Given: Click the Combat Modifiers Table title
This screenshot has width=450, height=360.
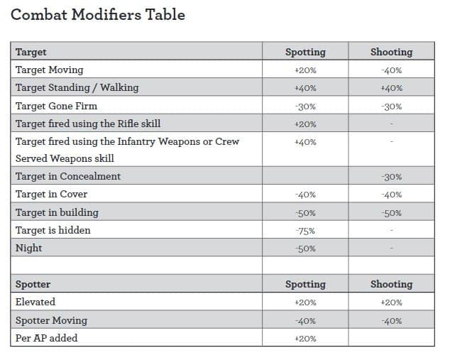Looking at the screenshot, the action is [x=98, y=15].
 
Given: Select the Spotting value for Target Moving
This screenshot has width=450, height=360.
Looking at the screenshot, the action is [x=305, y=70].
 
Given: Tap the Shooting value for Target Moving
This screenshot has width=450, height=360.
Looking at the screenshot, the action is [x=392, y=70].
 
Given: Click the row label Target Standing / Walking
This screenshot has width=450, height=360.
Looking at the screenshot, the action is [x=77, y=88].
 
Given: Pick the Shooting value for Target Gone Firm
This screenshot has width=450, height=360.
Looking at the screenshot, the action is [x=392, y=107].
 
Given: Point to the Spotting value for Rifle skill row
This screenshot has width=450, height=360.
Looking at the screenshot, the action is [x=305, y=124].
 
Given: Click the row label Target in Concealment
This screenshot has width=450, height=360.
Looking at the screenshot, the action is [x=68, y=176].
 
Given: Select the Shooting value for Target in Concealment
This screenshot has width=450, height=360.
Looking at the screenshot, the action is [x=392, y=177].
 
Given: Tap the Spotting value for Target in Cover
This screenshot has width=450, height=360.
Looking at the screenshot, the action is [x=305, y=195].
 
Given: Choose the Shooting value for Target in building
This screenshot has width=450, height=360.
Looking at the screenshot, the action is [x=392, y=213].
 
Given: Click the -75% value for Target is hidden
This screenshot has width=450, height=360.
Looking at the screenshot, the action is [x=305, y=231].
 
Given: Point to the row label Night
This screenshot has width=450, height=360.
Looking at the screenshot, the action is [x=28, y=249].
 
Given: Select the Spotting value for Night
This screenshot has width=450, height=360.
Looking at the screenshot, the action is [x=305, y=249].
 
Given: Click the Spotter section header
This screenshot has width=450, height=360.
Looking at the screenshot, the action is [x=33, y=284].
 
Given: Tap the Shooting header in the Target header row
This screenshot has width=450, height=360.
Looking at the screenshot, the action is [x=392, y=52].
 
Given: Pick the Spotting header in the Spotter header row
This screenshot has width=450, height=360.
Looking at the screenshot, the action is [x=305, y=284].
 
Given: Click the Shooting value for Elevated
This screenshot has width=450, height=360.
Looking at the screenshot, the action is [x=392, y=302].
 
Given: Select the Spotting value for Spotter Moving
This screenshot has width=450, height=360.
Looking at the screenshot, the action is [x=305, y=321].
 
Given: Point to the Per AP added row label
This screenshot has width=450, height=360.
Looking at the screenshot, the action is [x=47, y=338].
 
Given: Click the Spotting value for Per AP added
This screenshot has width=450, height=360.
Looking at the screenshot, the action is [x=305, y=339].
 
